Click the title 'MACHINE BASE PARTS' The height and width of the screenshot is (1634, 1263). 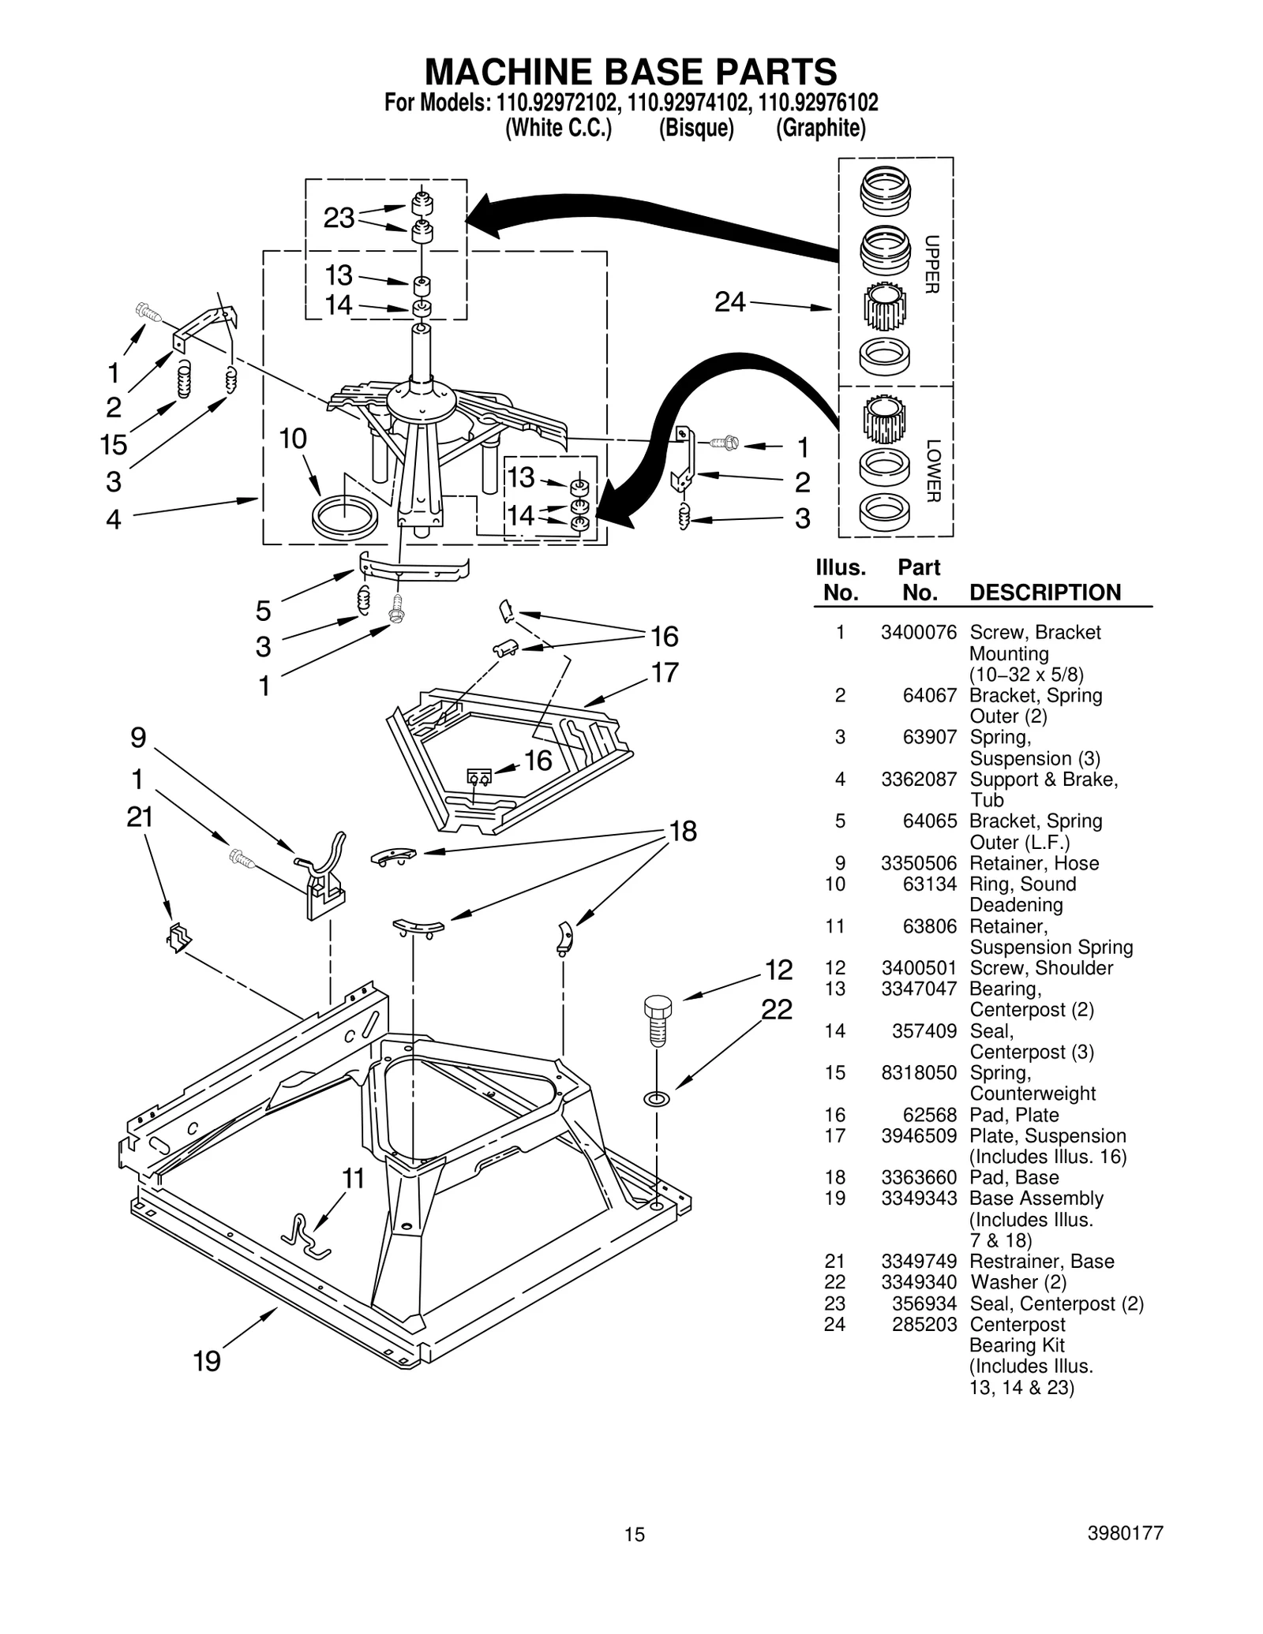(630, 73)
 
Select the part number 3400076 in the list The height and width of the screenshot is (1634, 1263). (918, 632)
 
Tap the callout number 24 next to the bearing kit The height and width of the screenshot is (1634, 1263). (729, 301)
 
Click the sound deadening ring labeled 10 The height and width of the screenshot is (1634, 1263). (345, 516)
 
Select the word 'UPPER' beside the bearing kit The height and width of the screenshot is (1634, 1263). (931, 264)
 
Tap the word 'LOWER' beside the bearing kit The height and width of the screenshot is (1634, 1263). (931, 470)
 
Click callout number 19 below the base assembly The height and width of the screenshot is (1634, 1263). (207, 1361)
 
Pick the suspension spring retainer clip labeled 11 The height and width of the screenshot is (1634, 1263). (307, 1236)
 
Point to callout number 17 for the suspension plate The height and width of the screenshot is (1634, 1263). (665, 673)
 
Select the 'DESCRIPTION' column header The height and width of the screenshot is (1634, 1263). (1044, 593)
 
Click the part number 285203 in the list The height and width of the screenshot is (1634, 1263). (924, 1325)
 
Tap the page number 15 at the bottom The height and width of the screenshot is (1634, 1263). (635, 1534)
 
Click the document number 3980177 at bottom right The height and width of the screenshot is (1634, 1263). (1125, 1533)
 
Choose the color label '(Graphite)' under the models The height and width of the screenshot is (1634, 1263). (820, 129)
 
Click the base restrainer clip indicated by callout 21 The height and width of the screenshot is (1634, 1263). (179, 938)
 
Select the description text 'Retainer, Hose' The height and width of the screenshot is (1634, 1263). (1033, 863)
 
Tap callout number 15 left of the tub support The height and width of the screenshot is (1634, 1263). (114, 445)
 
